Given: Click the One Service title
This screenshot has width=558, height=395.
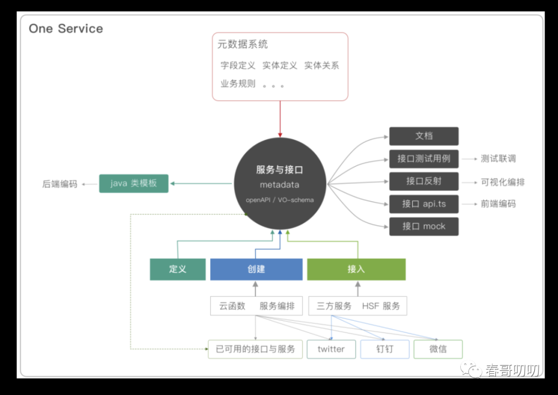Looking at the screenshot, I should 66,28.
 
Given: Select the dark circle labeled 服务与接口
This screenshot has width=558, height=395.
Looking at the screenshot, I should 280,183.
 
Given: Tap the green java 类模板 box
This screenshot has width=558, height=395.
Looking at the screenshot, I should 134,183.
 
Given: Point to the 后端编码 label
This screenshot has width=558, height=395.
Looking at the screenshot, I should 60,184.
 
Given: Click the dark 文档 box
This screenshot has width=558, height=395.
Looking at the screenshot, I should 424,136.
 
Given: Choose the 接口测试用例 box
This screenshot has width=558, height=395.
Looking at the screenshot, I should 424,159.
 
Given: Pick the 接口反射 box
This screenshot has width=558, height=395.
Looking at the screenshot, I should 424,181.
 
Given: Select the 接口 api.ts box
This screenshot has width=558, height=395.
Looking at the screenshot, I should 424,204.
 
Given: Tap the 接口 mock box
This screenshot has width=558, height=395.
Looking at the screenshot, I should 424,226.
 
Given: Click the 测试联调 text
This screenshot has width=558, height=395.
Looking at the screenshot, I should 498,159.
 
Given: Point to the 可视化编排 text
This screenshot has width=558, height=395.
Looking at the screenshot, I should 502,182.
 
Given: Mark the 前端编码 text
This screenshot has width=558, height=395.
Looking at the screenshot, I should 498,204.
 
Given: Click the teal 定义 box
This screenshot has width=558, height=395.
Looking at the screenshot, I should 178,269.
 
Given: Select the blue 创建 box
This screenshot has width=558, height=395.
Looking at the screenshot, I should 256,269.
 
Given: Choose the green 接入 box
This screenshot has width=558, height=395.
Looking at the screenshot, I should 356,269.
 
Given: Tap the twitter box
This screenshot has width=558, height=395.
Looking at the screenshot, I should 331,349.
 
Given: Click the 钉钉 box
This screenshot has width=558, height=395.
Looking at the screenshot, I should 384,349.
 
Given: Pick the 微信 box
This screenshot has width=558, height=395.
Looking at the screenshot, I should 438,349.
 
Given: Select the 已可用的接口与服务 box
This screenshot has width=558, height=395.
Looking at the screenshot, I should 255,349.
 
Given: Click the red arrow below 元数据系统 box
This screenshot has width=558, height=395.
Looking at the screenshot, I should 280,119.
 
